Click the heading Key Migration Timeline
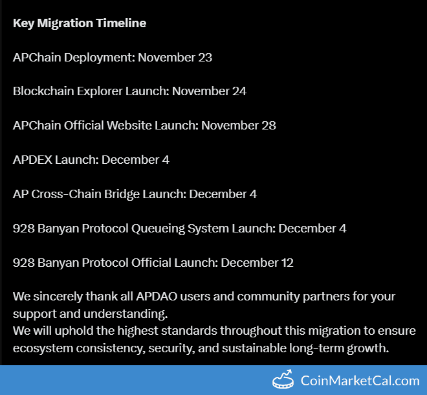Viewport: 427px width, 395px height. [80, 23]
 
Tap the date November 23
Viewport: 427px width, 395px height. [175, 58]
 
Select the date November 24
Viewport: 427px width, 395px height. [209, 91]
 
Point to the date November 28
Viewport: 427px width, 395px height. [239, 125]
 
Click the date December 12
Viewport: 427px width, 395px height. [257, 262]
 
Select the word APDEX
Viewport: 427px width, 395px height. [32, 159]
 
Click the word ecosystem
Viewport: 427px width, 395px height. [42, 348]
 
